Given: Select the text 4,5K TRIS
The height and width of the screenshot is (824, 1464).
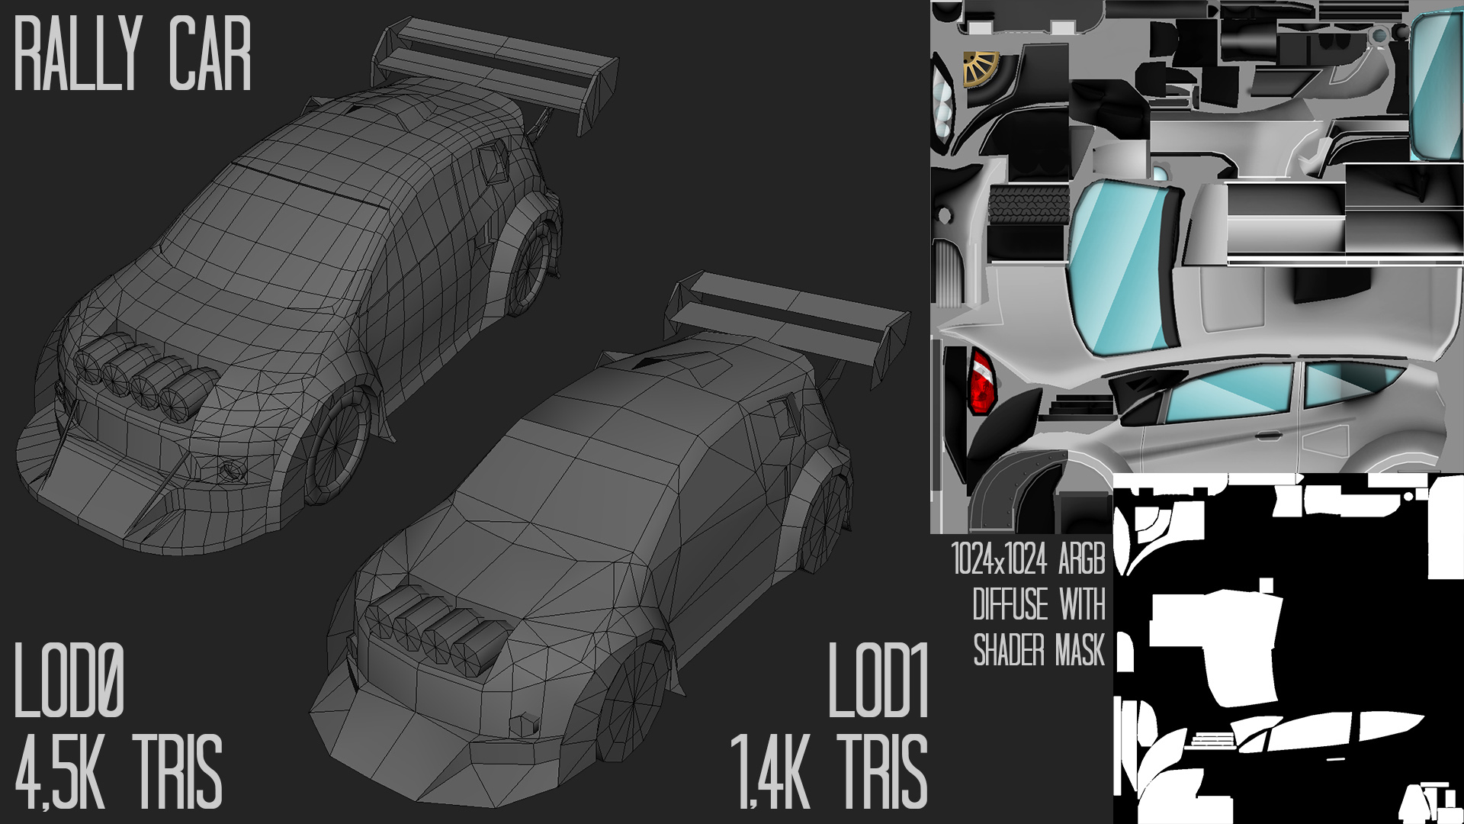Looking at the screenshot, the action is [118, 771].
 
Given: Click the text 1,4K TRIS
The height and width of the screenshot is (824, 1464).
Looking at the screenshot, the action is [830, 771].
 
